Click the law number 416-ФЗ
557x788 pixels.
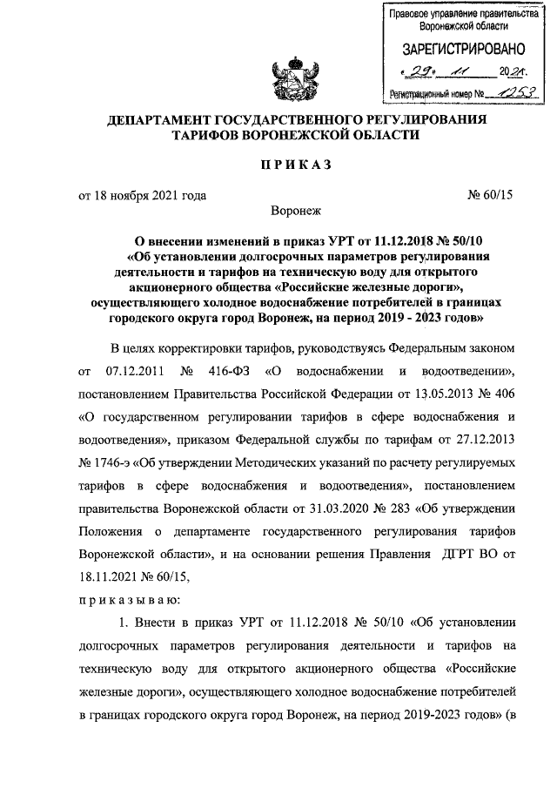point(225,373)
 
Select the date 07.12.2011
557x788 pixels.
point(139,373)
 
